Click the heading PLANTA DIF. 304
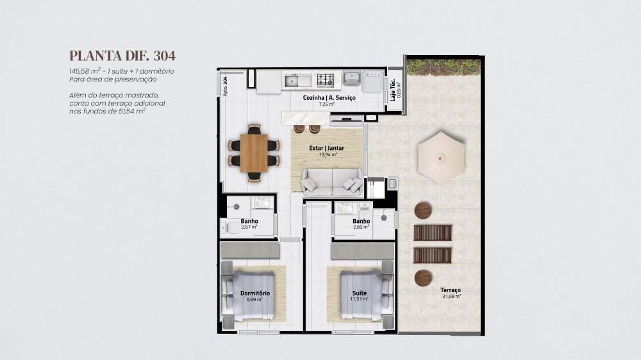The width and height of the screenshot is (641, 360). (122, 56)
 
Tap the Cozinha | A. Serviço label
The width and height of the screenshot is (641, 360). (329, 97)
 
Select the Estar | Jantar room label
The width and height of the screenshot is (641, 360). (327, 148)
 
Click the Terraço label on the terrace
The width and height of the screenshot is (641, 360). (451, 290)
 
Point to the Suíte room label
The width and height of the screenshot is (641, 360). (360, 293)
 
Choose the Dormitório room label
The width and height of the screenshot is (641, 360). (255, 293)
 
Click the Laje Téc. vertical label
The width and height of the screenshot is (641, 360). (393, 91)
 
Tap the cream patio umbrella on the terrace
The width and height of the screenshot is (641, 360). (441, 158)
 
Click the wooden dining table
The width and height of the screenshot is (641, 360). (254, 153)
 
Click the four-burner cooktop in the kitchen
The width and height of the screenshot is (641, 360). (326, 79)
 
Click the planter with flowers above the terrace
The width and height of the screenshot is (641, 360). (444, 67)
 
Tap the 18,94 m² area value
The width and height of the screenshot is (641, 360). (328, 154)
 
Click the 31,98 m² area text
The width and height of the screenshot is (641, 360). (451, 296)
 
